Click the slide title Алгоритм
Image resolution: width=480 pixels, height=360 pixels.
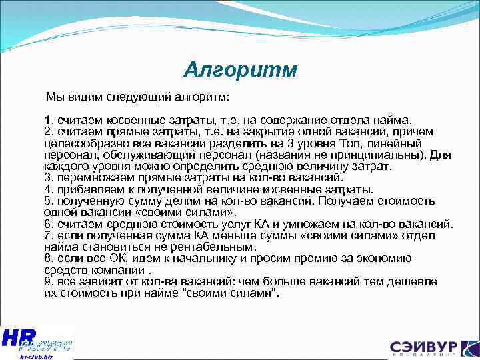point(241,70)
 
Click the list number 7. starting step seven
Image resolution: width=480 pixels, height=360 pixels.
point(49,235)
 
